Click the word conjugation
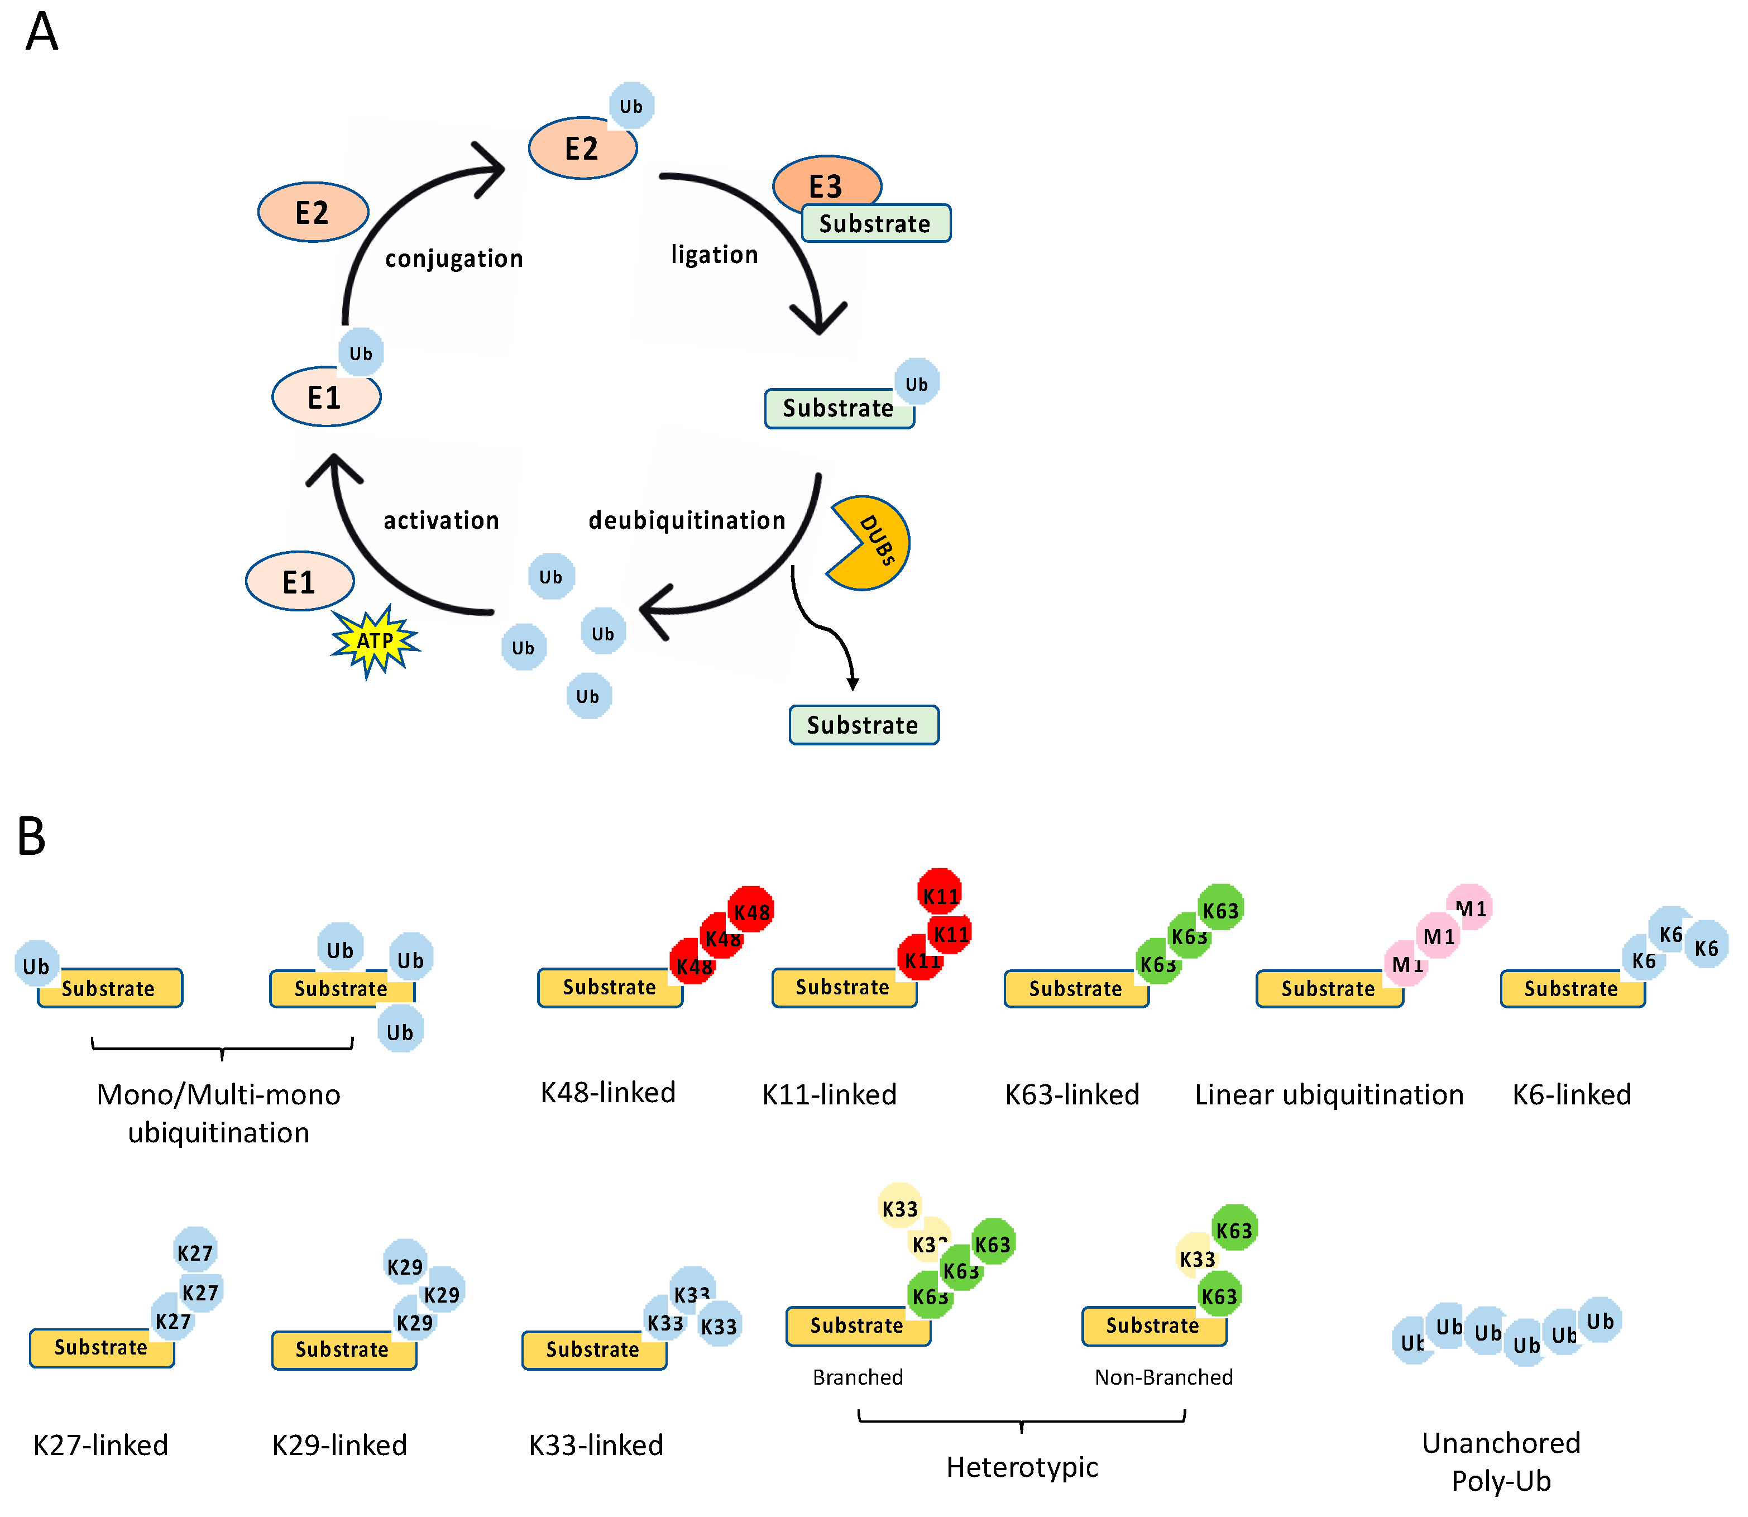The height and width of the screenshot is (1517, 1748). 454,258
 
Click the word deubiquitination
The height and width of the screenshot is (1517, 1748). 687,520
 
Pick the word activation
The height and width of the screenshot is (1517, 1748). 441,520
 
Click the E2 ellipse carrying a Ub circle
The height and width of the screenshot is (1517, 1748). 582,148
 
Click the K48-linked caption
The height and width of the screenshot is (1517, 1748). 608,1092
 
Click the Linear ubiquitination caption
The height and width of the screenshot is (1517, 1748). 1328,1094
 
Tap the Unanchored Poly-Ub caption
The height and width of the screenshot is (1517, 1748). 1501,1462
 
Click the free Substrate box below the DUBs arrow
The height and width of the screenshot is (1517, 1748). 864,725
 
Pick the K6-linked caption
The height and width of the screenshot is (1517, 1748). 1571,1094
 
